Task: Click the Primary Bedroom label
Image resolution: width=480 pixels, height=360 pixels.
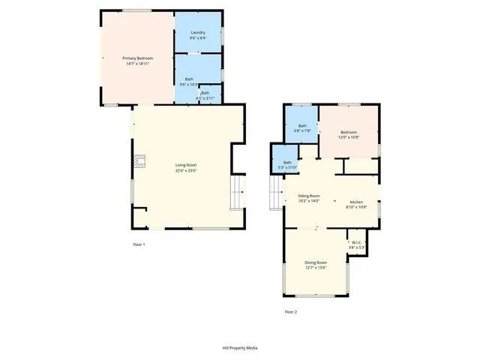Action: point(138,58)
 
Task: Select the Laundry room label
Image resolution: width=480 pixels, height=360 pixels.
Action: point(198,32)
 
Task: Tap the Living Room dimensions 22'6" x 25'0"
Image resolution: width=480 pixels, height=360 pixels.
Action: point(186,170)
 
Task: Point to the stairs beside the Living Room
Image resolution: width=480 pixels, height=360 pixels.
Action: point(238,193)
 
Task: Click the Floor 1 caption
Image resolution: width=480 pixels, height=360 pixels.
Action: point(139,244)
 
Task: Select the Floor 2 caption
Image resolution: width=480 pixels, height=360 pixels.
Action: point(290,311)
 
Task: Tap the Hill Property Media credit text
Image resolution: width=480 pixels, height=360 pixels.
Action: point(240,348)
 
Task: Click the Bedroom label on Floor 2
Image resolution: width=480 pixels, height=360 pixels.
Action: point(349,132)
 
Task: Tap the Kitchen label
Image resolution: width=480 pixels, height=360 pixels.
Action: point(356,202)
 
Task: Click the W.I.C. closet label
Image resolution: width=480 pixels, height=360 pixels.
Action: point(357,241)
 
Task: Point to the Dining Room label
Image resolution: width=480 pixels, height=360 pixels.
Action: point(316,262)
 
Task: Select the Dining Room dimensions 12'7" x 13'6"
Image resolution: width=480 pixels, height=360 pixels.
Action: point(316,268)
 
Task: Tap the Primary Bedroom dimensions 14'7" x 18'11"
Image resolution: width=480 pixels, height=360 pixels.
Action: point(138,63)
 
